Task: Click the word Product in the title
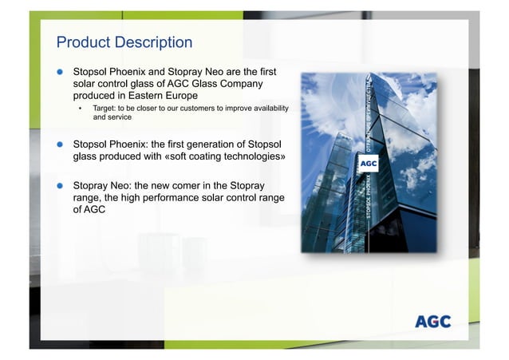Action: (82, 42)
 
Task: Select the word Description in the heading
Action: (152, 42)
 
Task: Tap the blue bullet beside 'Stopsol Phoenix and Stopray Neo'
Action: (59, 71)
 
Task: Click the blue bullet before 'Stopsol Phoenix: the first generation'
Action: (59, 144)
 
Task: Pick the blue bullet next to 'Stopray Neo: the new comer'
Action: (59, 184)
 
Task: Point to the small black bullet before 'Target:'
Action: (80, 108)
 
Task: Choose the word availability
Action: (264, 108)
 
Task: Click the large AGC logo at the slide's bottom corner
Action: (433, 322)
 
